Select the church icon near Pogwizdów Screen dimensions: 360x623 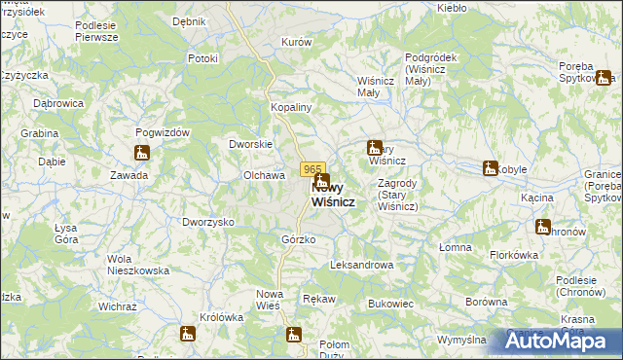point(142,153)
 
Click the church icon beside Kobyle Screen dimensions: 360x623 point(490,168)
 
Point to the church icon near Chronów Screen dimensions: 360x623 point(542,227)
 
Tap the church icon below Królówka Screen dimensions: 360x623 point(187,334)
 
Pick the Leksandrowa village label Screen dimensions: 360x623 point(361,265)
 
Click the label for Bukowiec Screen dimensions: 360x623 point(391,304)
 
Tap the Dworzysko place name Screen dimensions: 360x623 point(208,222)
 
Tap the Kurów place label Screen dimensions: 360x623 point(296,43)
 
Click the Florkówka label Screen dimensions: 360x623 point(514,255)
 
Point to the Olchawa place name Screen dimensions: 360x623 point(263,175)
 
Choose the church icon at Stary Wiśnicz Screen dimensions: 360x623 point(374,149)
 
